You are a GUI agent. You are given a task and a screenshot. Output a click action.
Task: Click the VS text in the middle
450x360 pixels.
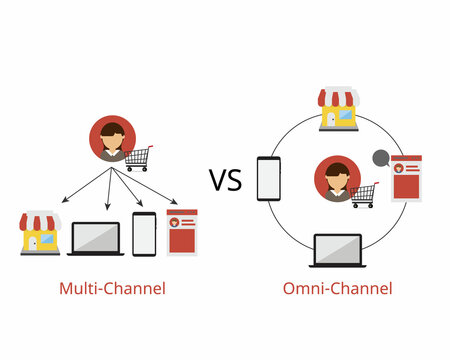coord(225,180)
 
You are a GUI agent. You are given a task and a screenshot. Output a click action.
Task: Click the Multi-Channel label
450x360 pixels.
coord(112,288)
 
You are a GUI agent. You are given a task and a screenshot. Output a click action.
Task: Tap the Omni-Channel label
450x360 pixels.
coord(337,288)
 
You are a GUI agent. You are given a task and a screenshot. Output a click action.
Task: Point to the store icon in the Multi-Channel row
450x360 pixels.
coord(40,233)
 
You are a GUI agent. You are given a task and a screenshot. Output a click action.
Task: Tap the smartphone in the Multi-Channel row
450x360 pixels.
coord(144,234)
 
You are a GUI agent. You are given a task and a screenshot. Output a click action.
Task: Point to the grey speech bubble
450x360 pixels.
coord(379,158)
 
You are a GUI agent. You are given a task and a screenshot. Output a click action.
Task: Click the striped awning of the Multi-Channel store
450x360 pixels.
coord(40,220)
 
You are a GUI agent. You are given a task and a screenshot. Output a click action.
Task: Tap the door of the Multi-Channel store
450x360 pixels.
coord(34,243)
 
